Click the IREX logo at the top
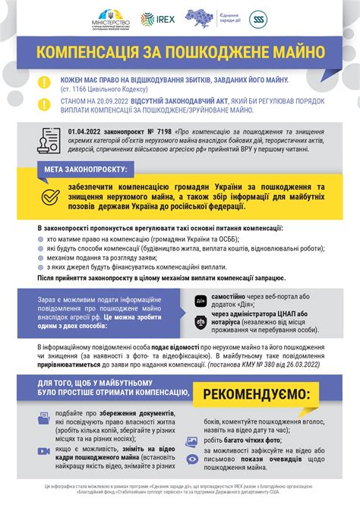tap(165, 18)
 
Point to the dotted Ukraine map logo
tap(206, 17)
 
